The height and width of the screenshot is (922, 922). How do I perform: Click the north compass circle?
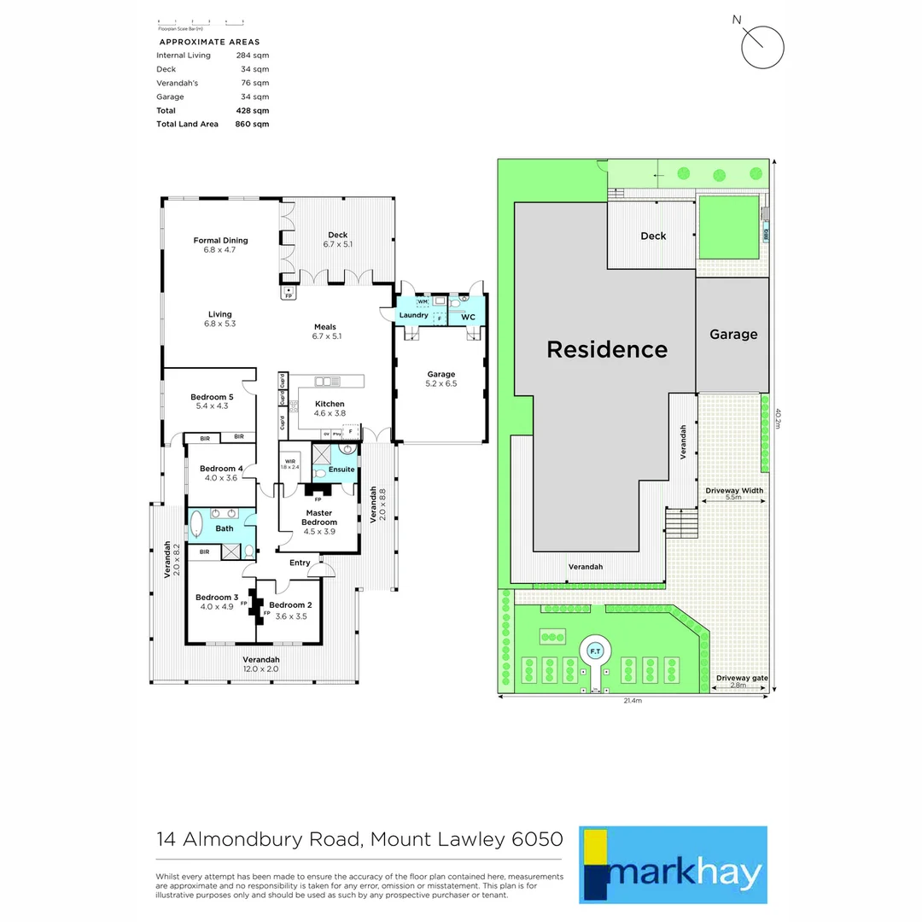(762, 47)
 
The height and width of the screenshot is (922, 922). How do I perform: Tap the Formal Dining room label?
(220, 241)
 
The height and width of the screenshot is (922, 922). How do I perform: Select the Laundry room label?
(413, 316)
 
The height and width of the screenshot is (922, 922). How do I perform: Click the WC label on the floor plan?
(468, 317)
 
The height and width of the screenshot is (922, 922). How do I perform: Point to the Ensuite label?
(341, 470)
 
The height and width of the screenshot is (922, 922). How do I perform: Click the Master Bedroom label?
(318, 517)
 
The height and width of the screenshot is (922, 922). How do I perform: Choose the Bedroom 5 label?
(212, 397)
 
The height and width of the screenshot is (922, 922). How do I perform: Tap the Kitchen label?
(330, 404)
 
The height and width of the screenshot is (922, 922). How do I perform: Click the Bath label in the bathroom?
(224, 528)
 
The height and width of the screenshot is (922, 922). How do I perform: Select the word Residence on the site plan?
(607, 349)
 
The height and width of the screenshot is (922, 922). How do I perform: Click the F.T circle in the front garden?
(595, 651)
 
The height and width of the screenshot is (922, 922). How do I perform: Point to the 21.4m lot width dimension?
(632, 701)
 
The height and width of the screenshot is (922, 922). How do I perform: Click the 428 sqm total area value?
(252, 110)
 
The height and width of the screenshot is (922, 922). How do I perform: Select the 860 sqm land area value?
(252, 124)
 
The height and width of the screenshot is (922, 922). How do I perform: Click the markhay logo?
(673, 864)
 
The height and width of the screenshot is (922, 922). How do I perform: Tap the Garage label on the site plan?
(733, 335)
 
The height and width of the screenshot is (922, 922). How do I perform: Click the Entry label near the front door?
(300, 563)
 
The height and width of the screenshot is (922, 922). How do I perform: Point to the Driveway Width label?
(734, 490)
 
